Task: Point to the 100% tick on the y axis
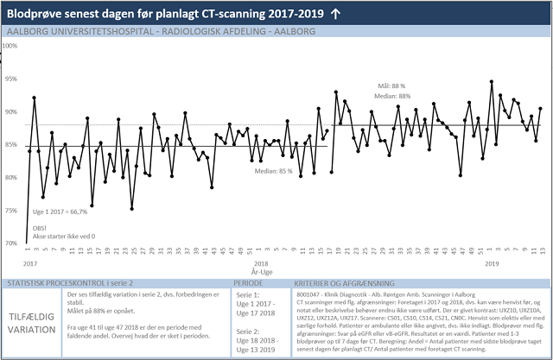pyautogui.click(x=11, y=46)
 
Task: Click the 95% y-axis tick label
pyautogui.click(x=11, y=79)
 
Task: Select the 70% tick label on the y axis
pyautogui.click(x=11, y=243)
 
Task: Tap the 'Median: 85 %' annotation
pyautogui.click(x=272, y=171)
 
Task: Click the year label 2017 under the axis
pyautogui.click(x=29, y=262)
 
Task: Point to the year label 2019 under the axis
pyautogui.click(x=493, y=262)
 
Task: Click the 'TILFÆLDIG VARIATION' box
pyautogui.click(x=33, y=318)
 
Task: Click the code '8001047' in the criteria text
pyautogui.click(x=309, y=294)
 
